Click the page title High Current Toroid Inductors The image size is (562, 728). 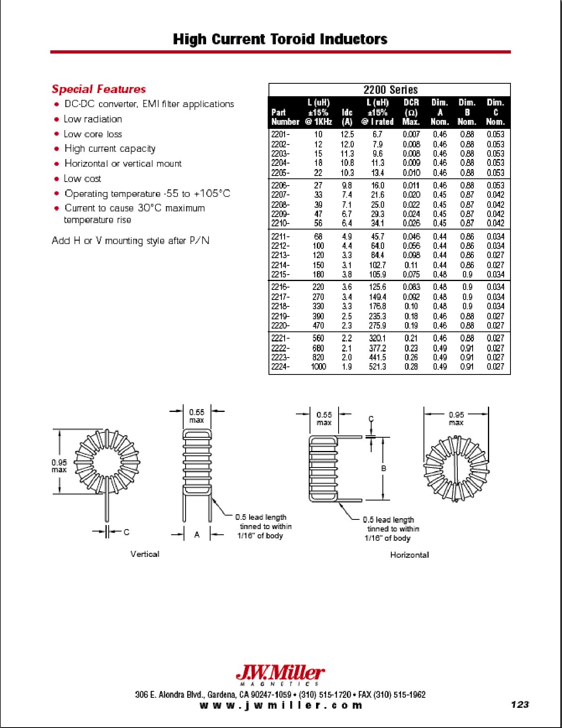[280, 39]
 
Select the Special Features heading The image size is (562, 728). [99, 89]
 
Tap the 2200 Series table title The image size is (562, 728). [390, 90]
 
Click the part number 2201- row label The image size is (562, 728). [280, 134]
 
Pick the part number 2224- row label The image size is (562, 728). [280, 367]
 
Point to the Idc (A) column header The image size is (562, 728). [347, 117]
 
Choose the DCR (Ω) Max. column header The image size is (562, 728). [411, 112]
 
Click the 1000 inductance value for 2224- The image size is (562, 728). [318, 367]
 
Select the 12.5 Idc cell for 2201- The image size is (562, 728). [347, 134]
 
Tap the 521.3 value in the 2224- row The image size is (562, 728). [377, 367]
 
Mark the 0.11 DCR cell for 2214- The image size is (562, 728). [411, 265]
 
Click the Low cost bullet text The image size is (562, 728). [83, 179]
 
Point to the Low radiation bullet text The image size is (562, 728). [93, 119]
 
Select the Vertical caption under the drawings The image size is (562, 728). [145, 554]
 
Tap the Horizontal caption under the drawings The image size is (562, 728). [409, 555]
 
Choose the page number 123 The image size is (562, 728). [520, 705]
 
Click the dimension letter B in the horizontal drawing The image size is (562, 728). [384, 468]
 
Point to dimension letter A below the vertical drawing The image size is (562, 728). [197, 535]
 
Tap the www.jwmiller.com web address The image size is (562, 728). [281, 705]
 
